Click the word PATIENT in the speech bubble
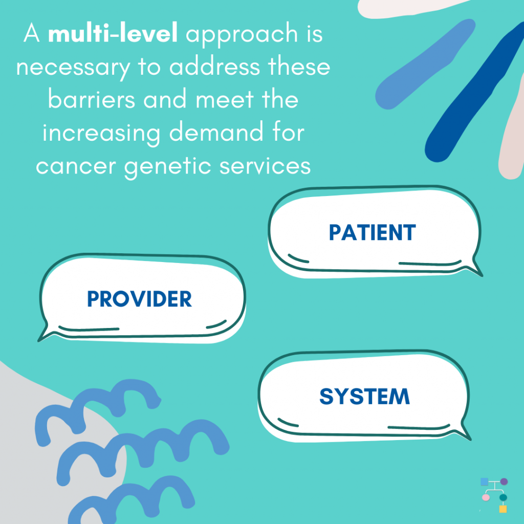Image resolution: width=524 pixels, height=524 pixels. click(x=373, y=232)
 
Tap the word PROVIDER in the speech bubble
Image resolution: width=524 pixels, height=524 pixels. click(x=139, y=299)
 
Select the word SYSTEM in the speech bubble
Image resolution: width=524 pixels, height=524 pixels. click(x=364, y=397)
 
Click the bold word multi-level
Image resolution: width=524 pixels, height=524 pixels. click(x=113, y=33)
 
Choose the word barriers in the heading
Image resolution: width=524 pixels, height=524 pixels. click(x=91, y=99)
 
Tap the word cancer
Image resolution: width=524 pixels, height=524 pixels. click(x=76, y=166)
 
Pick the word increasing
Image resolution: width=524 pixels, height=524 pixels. click(x=102, y=134)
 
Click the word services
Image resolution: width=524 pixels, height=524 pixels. click(x=265, y=165)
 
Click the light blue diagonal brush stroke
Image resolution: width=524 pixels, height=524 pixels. click(x=425, y=64)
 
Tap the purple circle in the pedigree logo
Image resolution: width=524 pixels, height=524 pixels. click(x=504, y=482)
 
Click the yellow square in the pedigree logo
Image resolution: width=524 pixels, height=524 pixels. click(x=503, y=509)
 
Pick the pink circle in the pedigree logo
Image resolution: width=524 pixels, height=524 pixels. click(x=486, y=497)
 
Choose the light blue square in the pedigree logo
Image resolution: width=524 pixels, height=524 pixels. click(x=484, y=482)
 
